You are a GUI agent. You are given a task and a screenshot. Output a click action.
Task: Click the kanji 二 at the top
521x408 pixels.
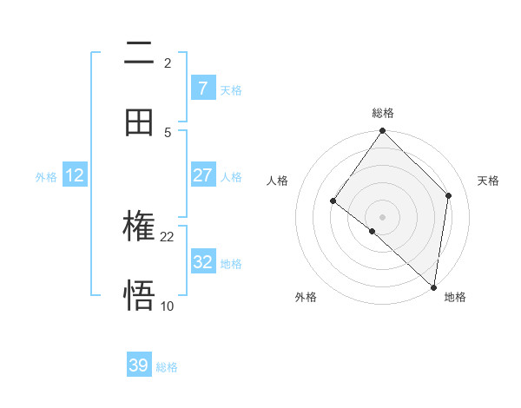pyautogui.click(x=139, y=54)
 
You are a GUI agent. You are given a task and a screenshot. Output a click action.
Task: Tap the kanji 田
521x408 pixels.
pyautogui.click(x=139, y=122)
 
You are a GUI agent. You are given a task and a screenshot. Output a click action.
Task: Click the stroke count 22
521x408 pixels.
pyautogui.click(x=168, y=236)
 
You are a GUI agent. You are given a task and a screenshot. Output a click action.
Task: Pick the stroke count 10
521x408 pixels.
pyautogui.click(x=168, y=306)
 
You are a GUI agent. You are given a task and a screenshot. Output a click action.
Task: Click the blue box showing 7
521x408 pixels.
pyautogui.click(x=202, y=89)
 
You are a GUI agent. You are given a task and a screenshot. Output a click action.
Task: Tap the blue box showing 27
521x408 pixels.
pyautogui.click(x=202, y=175)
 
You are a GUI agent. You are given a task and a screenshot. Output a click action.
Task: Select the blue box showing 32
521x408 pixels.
pyautogui.click(x=202, y=262)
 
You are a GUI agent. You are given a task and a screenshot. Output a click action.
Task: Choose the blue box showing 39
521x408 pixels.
pyautogui.click(x=139, y=365)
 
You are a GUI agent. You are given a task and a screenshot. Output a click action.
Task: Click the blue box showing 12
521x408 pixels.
pyautogui.click(x=75, y=175)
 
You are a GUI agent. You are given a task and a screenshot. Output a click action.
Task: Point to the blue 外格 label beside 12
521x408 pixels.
pyautogui.click(x=46, y=176)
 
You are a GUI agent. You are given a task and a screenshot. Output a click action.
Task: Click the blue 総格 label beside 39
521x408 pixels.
pyautogui.click(x=167, y=367)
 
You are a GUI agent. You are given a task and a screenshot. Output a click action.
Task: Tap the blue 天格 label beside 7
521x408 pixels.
pyautogui.click(x=231, y=89)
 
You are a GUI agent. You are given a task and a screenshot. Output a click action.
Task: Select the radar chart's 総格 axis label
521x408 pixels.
pyautogui.click(x=383, y=113)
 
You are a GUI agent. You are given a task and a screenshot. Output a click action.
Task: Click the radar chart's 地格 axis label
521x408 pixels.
pyautogui.click(x=455, y=297)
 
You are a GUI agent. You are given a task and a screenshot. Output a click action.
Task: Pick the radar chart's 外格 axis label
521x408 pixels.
pyautogui.click(x=306, y=297)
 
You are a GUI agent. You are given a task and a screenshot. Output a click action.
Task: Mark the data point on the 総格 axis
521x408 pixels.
pyautogui.click(x=383, y=131)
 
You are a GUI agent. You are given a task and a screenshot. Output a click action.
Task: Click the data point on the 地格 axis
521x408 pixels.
pyautogui.click(x=433, y=287)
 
